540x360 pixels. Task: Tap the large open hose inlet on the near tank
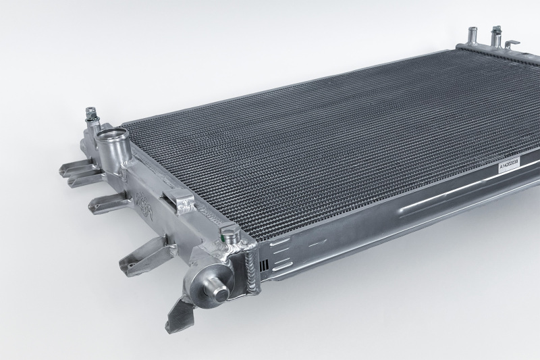(x=111, y=143)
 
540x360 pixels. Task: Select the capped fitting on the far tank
(x=496, y=36)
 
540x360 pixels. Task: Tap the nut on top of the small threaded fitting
(x=90, y=112)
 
